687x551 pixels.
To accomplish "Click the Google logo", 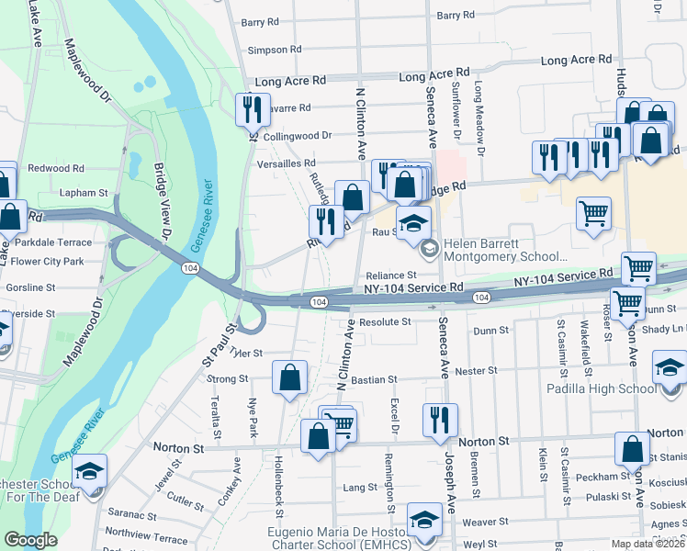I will coord(31,540).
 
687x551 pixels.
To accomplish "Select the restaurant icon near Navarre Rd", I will coord(250,110).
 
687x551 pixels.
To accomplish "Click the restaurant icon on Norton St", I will coord(440,420).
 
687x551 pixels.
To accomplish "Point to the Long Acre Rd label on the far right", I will coord(576,60).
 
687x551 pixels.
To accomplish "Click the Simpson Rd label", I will coord(275,50).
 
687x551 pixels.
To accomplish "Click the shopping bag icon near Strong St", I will coord(289,377).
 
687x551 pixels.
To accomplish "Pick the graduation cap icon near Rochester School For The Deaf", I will coord(89,472).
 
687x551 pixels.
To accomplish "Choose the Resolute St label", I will coord(385,322).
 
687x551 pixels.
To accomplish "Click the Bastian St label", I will coord(373,378).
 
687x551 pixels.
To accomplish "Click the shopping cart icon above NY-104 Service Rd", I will coord(638,268).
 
